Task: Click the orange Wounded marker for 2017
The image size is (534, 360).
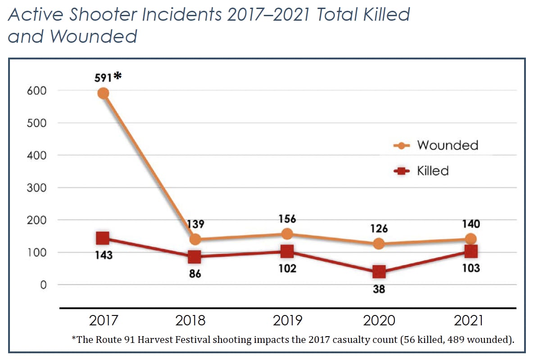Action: pyautogui.click(x=103, y=93)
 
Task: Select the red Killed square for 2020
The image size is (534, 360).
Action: pyautogui.click(x=379, y=272)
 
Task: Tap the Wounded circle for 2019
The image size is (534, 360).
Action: pyautogui.click(x=287, y=234)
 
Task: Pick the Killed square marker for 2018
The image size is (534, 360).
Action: pyautogui.click(x=194, y=256)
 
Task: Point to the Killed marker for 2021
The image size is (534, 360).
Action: pyautogui.click(x=471, y=251)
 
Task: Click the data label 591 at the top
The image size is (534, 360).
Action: pyautogui.click(x=104, y=77)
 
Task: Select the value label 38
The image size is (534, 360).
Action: pyautogui.click(x=379, y=289)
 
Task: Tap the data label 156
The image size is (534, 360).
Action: pyautogui.click(x=287, y=219)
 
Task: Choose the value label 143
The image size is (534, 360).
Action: pyautogui.click(x=103, y=255)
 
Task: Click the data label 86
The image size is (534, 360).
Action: pyautogui.click(x=194, y=273)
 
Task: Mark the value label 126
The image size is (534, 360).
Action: pyautogui.click(x=379, y=229)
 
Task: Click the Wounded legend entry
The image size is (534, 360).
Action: pyautogui.click(x=447, y=145)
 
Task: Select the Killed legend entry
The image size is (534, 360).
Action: pyautogui.click(x=432, y=171)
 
